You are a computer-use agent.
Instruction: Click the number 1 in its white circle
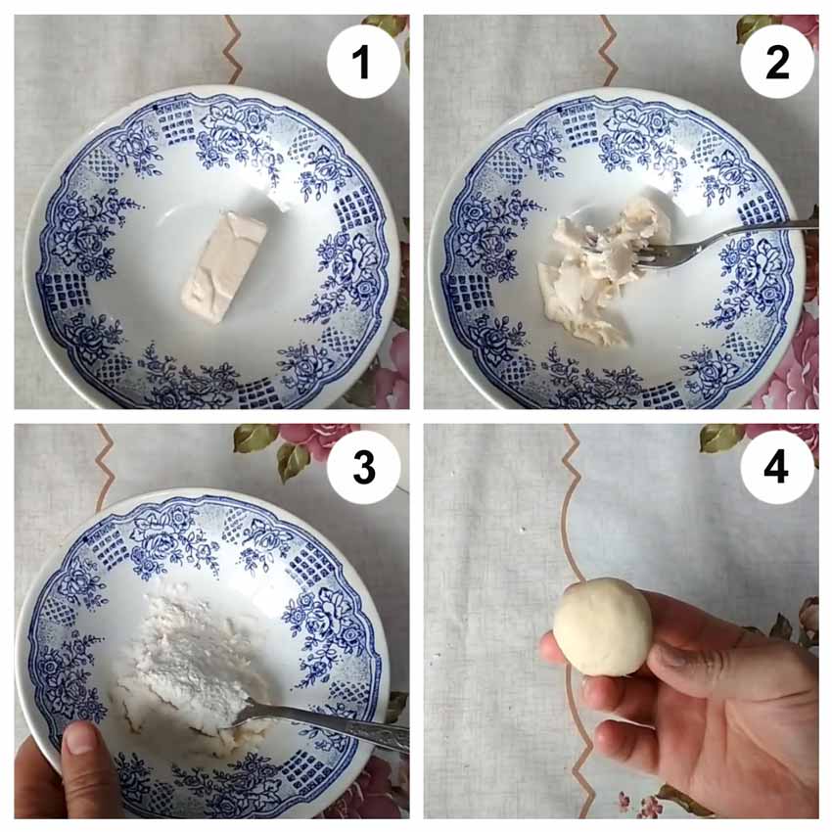(362, 62)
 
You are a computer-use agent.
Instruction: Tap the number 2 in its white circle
(777, 62)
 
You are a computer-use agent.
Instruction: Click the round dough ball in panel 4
(603, 627)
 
